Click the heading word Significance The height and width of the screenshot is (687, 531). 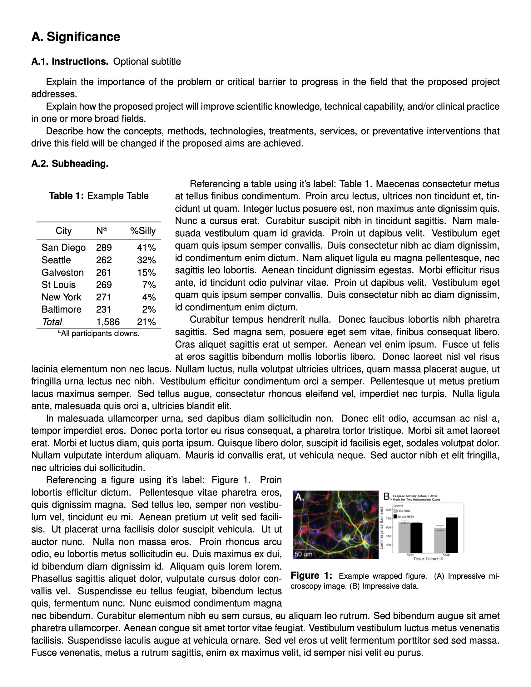[x=83, y=37]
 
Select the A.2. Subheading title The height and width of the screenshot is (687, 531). [x=70, y=164]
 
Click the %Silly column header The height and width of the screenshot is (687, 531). [x=143, y=230]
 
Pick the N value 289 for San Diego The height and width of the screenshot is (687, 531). [x=104, y=248]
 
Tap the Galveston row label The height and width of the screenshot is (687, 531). [x=62, y=272]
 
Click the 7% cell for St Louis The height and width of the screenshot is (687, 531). [x=149, y=285]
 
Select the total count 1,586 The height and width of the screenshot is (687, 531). [x=108, y=322]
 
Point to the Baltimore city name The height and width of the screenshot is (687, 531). [x=61, y=309]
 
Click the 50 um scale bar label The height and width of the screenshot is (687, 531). [x=304, y=554]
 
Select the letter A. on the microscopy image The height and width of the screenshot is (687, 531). [x=300, y=497]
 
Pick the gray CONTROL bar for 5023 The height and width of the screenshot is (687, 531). [x=404, y=537]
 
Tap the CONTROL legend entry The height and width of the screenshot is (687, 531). [x=404, y=511]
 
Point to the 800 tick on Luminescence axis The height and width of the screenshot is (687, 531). [x=388, y=510]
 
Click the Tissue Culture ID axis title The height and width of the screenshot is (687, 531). [x=428, y=559]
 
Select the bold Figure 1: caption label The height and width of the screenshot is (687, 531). [x=311, y=575]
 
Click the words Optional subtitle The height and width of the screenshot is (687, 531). [x=147, y=61]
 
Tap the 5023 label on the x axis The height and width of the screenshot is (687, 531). [x=410, y=555]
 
